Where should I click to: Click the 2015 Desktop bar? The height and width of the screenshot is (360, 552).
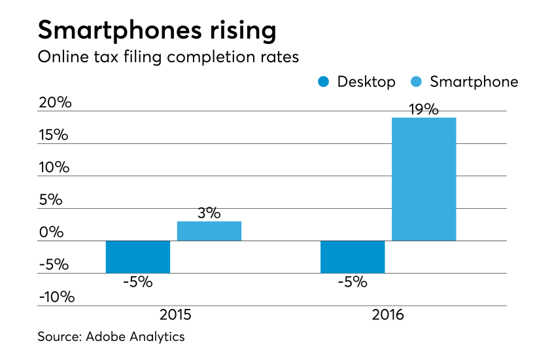click(138, 257)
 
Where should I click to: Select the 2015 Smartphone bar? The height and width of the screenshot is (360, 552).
click(209, 231)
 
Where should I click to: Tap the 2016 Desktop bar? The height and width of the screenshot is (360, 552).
click(353, 257)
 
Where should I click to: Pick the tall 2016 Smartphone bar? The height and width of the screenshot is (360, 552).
click(424, 179)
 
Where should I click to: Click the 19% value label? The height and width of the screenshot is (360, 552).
click(424, 109)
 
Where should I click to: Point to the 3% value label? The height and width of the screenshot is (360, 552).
click(209, 213)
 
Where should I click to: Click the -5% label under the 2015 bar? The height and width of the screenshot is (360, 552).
click(137, 283)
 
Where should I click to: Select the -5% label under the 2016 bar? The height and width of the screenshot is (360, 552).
click(353, 283)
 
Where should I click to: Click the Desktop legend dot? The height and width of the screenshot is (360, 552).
click(324, 82)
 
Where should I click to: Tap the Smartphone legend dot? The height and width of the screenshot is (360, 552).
click(417, 82)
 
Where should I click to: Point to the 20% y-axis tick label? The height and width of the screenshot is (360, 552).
click(54, 103)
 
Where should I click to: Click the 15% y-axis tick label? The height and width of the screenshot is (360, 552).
click(54, 135)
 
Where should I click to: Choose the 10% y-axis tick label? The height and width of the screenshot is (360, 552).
click(54, 168)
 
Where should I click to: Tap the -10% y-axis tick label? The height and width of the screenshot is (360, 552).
click(56, 297)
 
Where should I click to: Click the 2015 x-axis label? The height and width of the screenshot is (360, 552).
click(175, 315)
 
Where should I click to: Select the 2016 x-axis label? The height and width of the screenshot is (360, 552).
click(388, 315)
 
